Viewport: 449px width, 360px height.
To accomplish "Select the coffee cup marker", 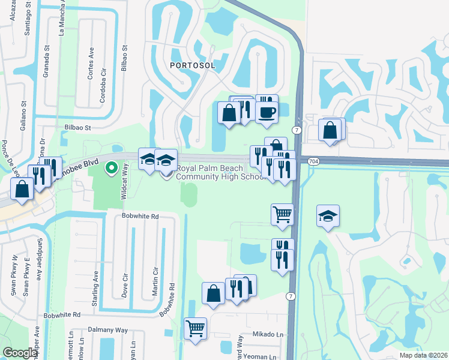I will click(267, 111).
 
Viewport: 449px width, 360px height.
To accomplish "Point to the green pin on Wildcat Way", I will click(111, 168).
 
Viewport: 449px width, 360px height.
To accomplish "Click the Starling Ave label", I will click(95, 289).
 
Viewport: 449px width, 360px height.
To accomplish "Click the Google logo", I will click(20, 353).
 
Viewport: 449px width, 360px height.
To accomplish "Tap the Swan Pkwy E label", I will click(26, 277).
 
